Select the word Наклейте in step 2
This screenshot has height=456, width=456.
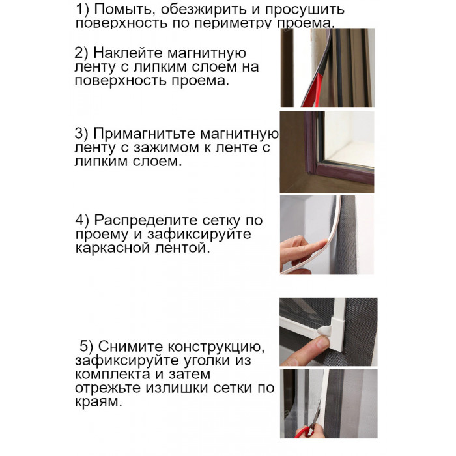(x=128, y=53)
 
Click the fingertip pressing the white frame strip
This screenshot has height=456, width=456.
(x=321, y=244)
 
